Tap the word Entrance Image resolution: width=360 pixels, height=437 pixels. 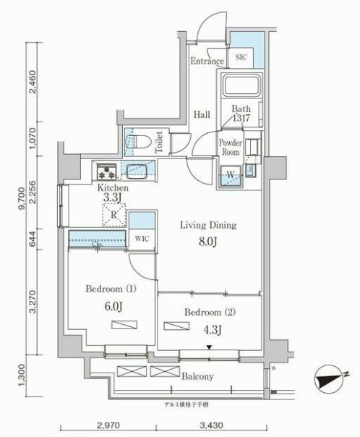(207, 62)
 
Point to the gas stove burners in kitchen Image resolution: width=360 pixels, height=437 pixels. (108, 172)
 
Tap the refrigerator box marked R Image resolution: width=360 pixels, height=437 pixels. (114, 216)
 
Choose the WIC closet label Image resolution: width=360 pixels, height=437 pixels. (142, 237)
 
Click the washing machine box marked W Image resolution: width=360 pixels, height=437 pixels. (230, 174)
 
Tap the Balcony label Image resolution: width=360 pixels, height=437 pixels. (197, 376)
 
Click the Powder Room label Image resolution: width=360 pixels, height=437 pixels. (231, 148)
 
